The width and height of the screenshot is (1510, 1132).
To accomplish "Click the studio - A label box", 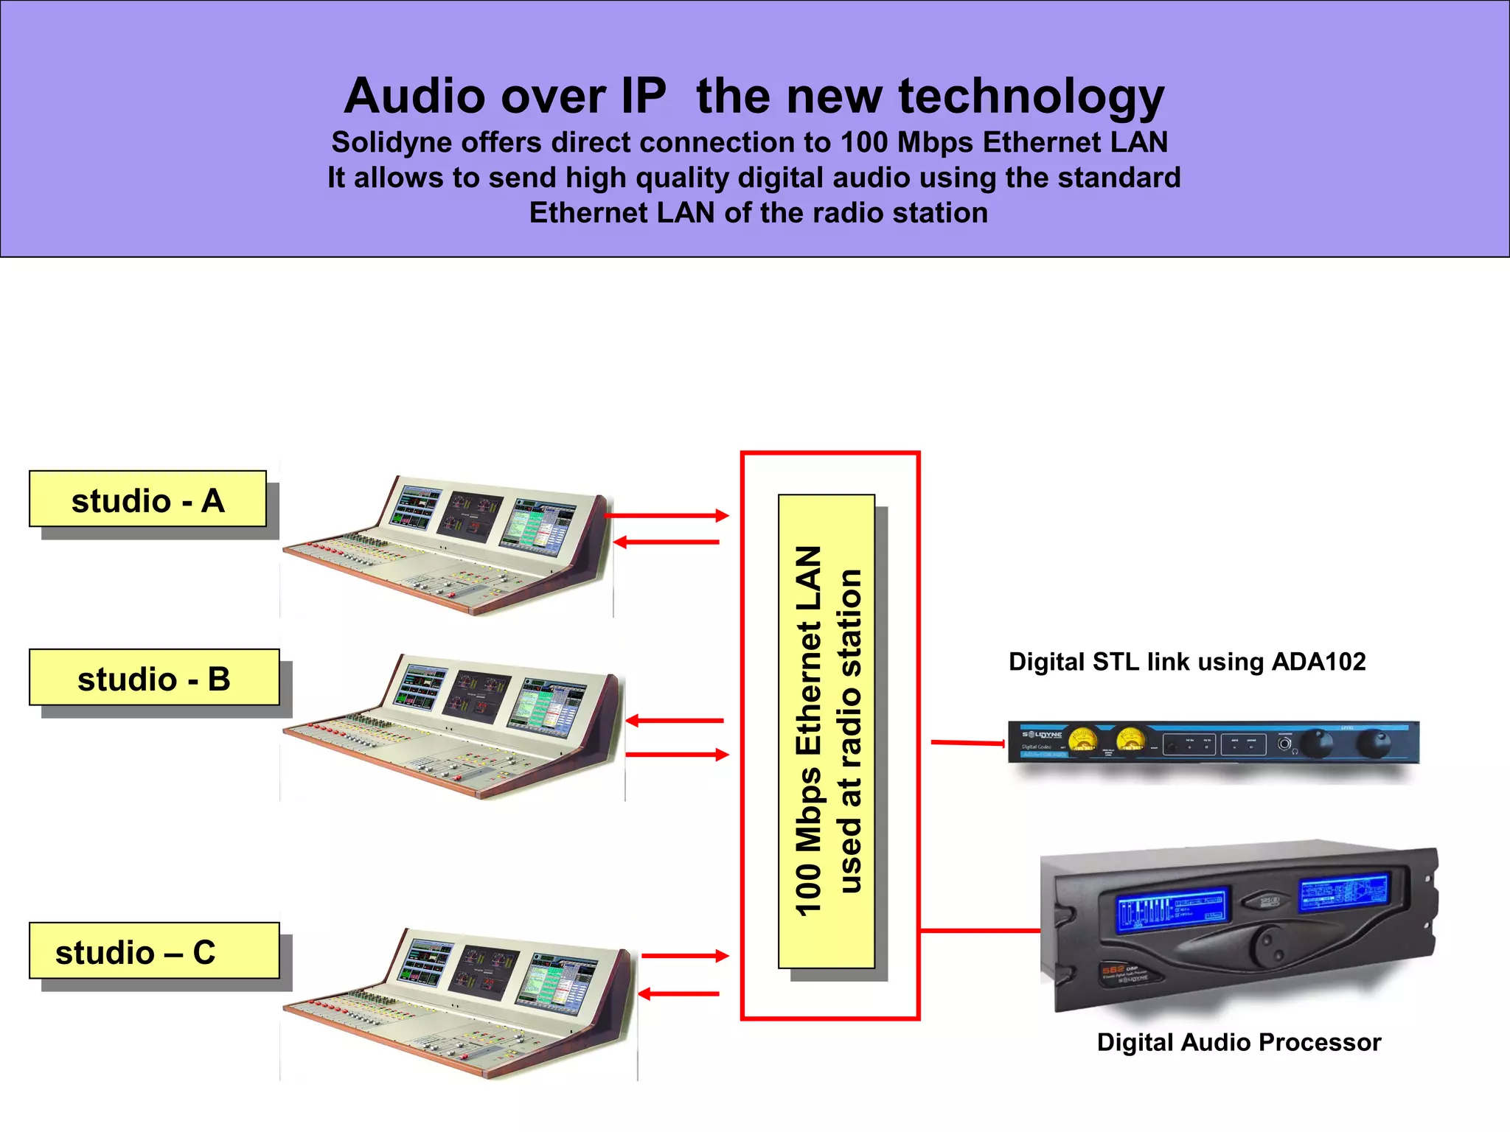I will click(147, 499).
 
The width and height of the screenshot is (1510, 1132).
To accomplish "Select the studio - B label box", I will click(154, 677).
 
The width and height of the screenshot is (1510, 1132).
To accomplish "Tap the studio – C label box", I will click(154, 951).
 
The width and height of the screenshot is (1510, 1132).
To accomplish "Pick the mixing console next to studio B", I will click(453, 726).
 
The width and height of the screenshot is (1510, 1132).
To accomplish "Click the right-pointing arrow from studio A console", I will click(667, 516).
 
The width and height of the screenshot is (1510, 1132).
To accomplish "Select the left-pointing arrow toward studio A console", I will click(667, 542).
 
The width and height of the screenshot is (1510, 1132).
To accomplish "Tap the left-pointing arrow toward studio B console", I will click(675, 721).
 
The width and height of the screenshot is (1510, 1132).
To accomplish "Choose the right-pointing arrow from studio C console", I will click(685, 956).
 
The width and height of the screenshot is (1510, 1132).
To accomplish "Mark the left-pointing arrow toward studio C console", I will click(678, 994).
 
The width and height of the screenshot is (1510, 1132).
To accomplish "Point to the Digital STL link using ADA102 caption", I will click(1187, 662).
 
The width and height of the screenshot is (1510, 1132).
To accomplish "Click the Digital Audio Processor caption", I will click(1239, 1042).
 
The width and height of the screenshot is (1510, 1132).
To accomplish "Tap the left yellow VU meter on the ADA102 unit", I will click(1082, 740).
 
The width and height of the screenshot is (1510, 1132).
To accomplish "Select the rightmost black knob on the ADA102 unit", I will click(1372, 743).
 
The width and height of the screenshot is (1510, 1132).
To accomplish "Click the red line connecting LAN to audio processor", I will click(980, 931).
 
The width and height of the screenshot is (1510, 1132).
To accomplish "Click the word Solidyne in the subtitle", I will click(391, 142).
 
